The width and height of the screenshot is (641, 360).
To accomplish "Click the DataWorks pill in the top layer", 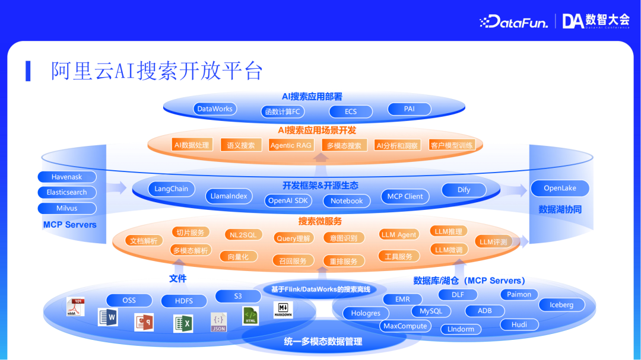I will tap(215, 109).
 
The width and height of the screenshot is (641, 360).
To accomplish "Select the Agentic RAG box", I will tap(291, 145).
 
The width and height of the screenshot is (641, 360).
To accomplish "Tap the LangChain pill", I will tap(171, 189).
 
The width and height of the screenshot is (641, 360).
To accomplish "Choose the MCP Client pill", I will tap(405, 196).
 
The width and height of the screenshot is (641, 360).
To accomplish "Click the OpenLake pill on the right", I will tap(560, 189).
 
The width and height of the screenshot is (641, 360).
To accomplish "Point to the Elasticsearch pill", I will tap(66, 192).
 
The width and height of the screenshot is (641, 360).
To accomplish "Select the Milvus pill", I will tap(66, 208).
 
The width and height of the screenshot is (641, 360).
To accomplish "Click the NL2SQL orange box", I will tap(243, 235).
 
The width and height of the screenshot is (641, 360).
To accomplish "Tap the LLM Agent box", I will tap(399, 235).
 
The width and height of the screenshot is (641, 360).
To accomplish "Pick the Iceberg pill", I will tap(561, 305).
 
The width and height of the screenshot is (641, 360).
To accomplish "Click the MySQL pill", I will tap(431, 311).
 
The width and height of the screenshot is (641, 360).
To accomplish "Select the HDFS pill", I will tap(184, 301).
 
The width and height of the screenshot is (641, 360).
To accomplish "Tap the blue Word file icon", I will tap(108, 317).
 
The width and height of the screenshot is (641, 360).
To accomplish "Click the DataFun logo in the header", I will tap(513, 22).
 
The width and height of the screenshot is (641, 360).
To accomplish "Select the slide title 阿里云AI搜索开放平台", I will tap(157, 71).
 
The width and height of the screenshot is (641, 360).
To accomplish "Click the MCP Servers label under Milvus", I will tap(69, 225).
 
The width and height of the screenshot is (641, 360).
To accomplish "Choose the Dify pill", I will tap(464, 190).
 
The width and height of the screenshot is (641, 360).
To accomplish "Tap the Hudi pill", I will tap(519, 324).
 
